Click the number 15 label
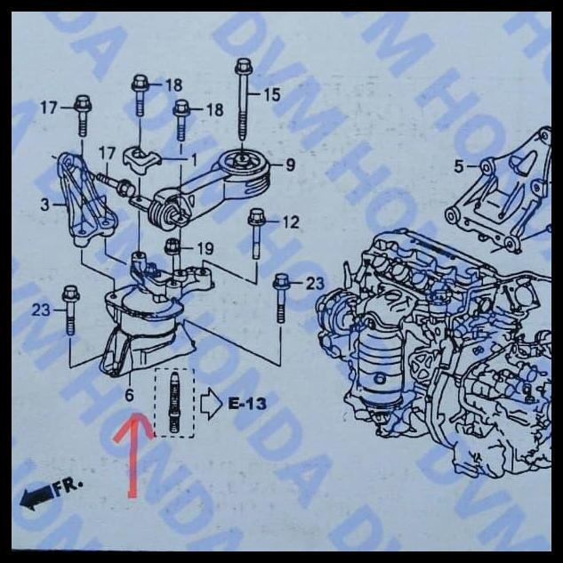click(x=271, y=94)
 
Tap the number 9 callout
click(x=290, y=165)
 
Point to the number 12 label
click(x=291, y=222)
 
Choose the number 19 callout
click(x=205, y=248)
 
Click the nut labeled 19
click(x=173, y=247)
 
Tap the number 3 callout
click(x=45, y=205)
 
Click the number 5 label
click(x=459, y=165)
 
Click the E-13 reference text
click(x=246, y=404)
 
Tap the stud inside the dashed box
click(x=174, y=403)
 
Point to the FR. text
click(x=66, y=487)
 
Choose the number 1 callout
click(x=193, y=157)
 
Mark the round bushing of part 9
click(x=240, y=165)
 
